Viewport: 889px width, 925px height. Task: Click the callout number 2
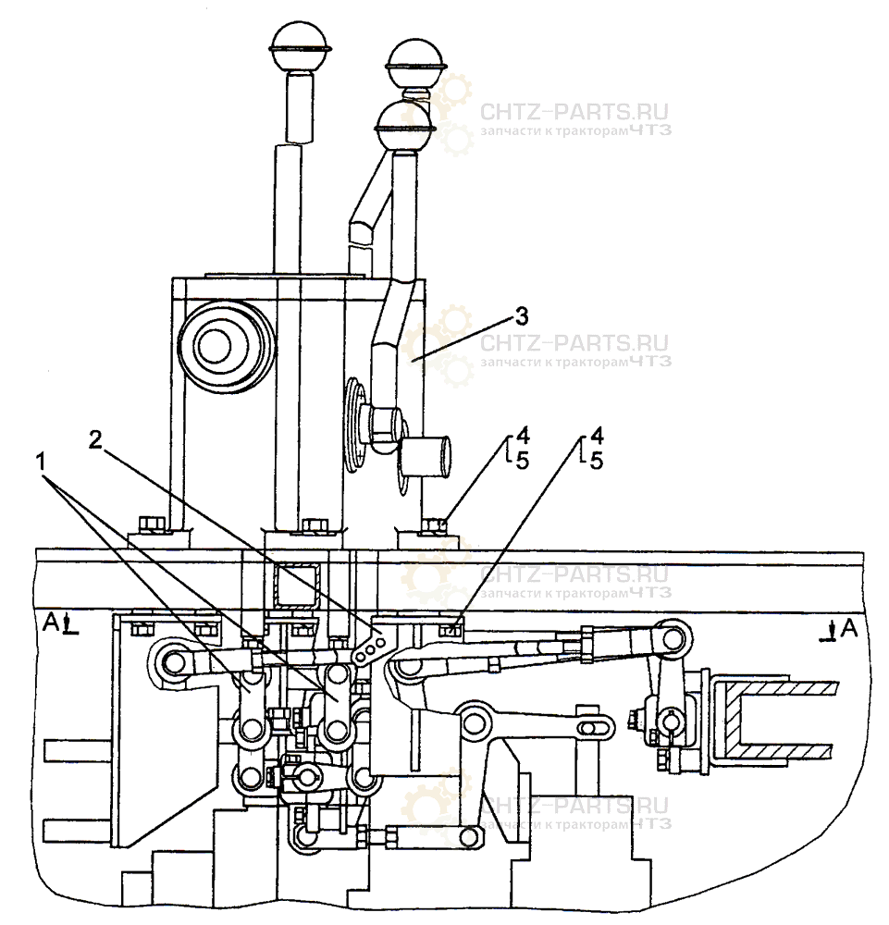pos(95,439)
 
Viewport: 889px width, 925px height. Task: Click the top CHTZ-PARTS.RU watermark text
pos(574,113)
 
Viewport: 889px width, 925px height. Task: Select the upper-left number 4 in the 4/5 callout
pos(522,434)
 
